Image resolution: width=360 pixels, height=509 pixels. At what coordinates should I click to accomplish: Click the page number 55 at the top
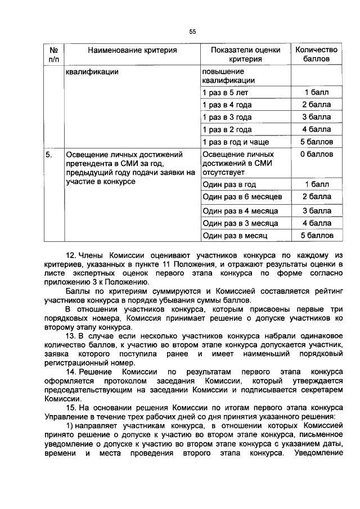(x=192, y=31)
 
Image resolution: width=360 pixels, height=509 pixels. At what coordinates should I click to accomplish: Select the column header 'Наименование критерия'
(x=132, y=50)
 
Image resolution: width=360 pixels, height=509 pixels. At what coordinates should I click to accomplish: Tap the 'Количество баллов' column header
(x=316, y=55)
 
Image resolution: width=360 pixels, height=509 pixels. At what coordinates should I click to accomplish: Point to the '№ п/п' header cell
(x=53, y=55)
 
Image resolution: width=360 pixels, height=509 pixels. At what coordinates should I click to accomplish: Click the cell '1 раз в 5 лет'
(x=225, y=92)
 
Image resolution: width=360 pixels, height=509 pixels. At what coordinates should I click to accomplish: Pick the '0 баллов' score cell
(x=316, y=154)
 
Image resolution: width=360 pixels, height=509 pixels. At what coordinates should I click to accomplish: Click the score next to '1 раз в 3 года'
(x=316, y=117)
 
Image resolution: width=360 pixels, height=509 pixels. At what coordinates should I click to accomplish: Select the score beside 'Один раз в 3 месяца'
(x=316, y=223)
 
